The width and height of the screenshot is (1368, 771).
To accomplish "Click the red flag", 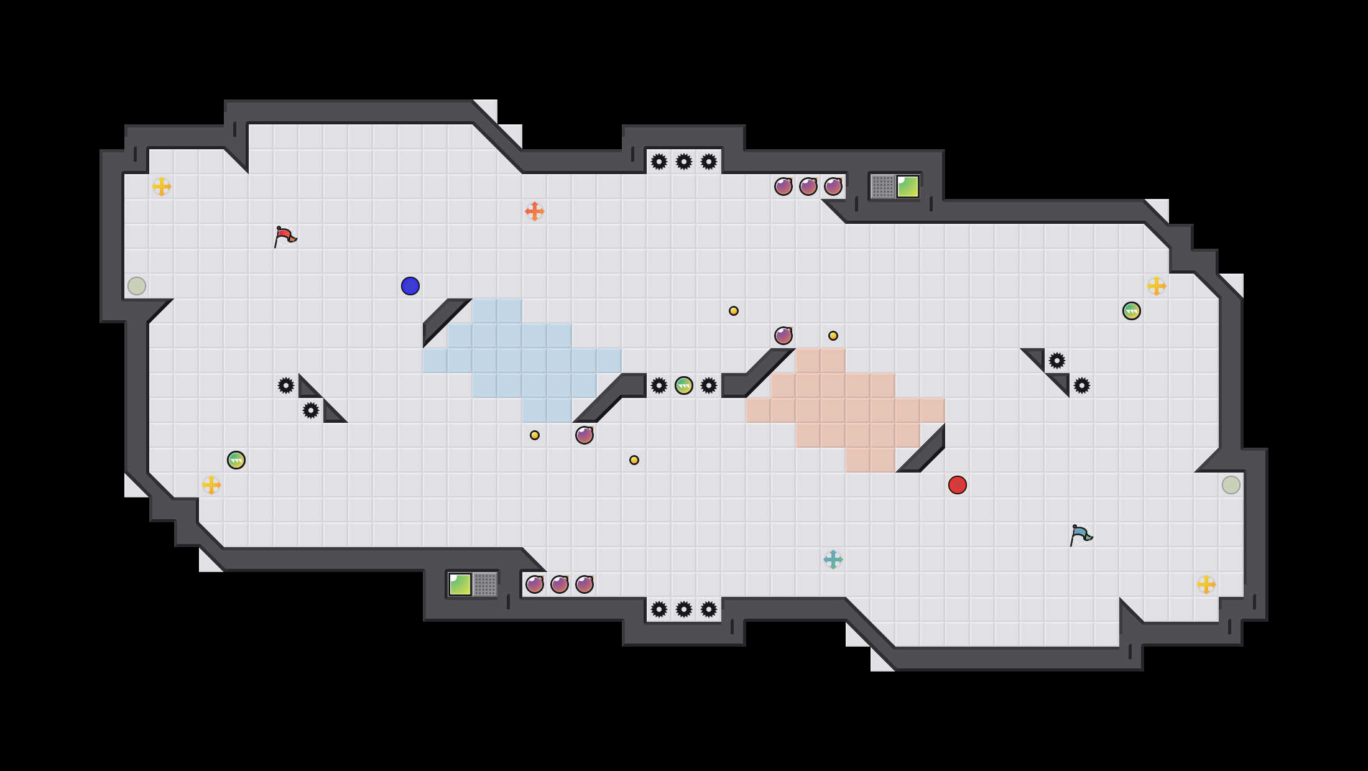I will [x=285, y=236].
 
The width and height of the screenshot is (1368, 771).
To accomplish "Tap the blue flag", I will [x=1081, y=535].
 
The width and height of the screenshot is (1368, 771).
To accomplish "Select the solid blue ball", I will [x=410, y=286].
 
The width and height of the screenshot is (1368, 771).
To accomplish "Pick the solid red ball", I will [x=958, y=485].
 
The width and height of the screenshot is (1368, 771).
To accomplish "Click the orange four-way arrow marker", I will [x=535, y=211].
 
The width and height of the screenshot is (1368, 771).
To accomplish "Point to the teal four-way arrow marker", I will [x=833, y=560].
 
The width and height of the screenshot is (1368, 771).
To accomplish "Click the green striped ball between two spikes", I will [x=684, y=386].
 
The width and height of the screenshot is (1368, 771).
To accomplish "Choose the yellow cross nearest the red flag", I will [x=162, y=187].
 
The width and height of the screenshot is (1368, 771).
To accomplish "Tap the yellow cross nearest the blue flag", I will [x=1206, y=584].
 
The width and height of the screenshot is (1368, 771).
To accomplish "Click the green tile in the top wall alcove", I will [x=908, y=187].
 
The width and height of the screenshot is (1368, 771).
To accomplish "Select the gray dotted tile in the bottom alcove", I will [x=485, y=584].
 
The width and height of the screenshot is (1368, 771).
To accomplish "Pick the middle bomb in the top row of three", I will [x=808, y=187].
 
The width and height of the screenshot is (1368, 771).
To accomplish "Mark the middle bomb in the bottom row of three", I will [x=560, y=584].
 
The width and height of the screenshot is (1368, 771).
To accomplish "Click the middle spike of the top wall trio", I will [x=684, y=162].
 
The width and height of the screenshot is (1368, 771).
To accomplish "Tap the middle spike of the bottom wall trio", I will [x=684, y=609].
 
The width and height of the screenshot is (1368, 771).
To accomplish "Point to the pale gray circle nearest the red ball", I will [x=1231, y=485].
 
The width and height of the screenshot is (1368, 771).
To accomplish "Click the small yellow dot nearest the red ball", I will [x=833, y=336].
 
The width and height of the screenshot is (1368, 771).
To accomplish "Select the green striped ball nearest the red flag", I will [x=236, y=460].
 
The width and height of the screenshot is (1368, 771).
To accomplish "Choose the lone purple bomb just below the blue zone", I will [x=585, y=435].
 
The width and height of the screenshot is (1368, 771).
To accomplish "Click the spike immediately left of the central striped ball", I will [x=659, y=386].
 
